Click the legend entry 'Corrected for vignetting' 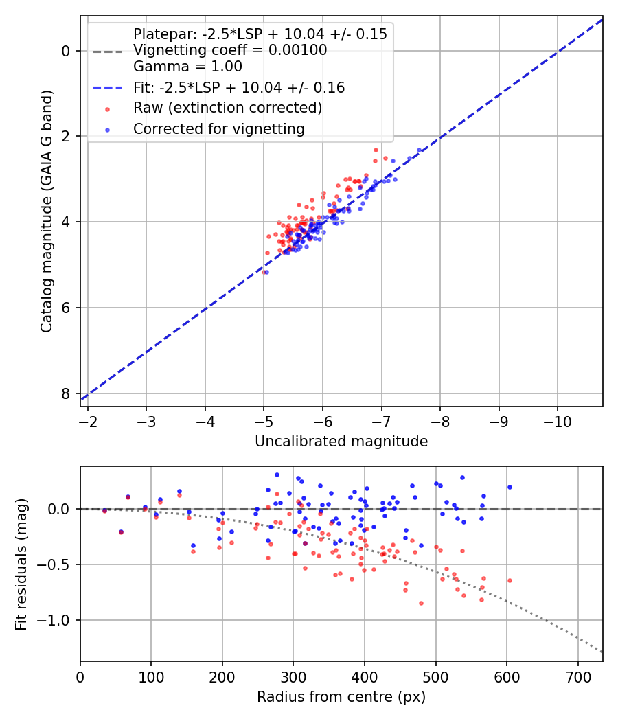pos(219,129)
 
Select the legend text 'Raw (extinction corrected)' pos(227,108)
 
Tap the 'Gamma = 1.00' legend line pos(187,67)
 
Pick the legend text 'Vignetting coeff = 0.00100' pos(230,50)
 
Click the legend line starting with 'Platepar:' pos(260,34)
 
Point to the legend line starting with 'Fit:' pos(239,88)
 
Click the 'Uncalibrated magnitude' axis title pos(341,442)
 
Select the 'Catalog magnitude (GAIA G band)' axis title pos(47,211)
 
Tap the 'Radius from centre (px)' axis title pos(341,697)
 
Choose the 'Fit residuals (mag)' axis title pos(21,564)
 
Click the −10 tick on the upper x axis pos(558,422)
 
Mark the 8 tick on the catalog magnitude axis pos(66,393)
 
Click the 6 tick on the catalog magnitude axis pos(66,308)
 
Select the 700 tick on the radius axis pos(578,677)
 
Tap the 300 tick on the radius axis pos(293,677)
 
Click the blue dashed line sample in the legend pos(108,87)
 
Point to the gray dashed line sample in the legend pos(108,52)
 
